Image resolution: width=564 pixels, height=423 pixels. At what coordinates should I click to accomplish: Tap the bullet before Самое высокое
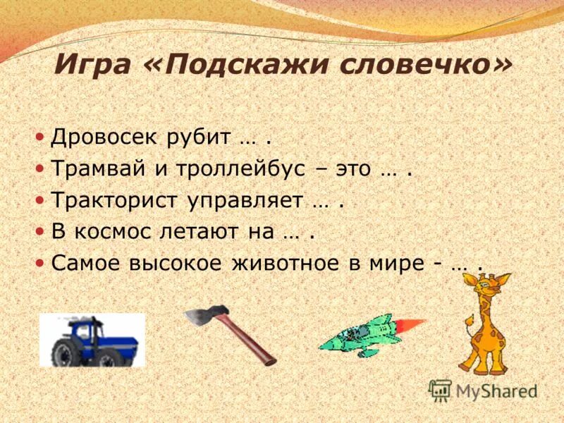[40, 262]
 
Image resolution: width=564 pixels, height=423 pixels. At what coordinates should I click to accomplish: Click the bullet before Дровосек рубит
[40, 137]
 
